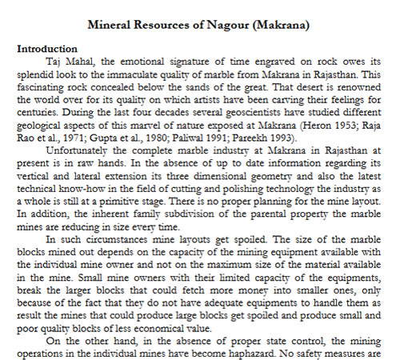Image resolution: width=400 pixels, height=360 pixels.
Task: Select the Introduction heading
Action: [x=46, y=48]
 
